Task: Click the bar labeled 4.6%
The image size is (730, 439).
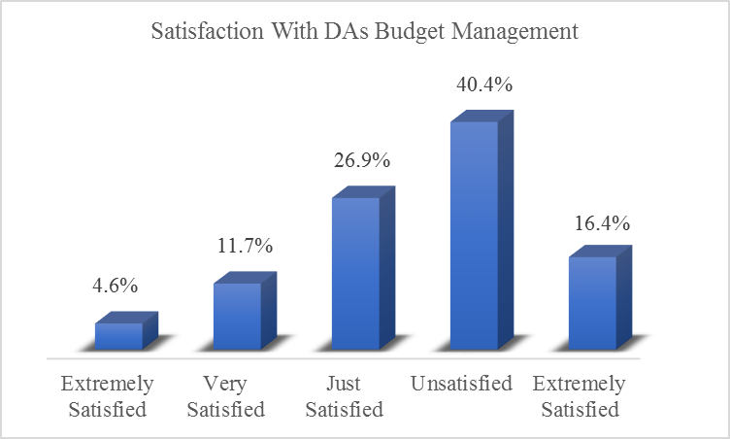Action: click(x=118, y=336)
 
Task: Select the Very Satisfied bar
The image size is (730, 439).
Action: click(x=237, y=316)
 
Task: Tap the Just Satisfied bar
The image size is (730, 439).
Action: click(x=355, y=273)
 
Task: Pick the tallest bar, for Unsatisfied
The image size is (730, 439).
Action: click(x=474, y=235)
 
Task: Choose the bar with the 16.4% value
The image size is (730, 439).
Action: click(x=592, y=302)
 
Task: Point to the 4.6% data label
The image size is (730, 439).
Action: click(x=116, y=287)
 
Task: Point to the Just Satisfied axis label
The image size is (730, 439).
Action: click(x=344, y=396)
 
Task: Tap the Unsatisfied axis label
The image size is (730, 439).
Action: click(x=461, y=384)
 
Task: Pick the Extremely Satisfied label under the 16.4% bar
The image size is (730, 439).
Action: click(x=580, y=396)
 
